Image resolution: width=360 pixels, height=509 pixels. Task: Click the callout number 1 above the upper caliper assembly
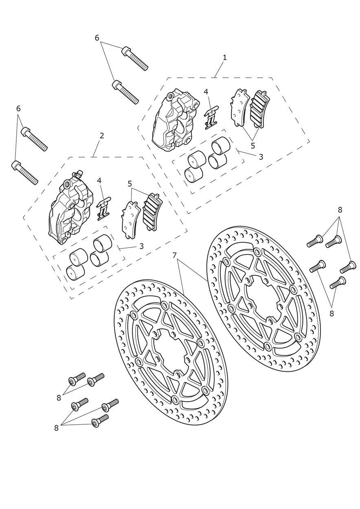(x=224, y=57)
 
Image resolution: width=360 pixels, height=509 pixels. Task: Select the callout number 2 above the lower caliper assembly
(x=101, y=136)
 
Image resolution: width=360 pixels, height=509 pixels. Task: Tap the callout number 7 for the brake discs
(x=174, y=256)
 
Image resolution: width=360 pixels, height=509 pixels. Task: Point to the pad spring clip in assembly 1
(x=211, y=118)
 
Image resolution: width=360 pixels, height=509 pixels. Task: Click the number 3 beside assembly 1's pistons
(x=261, y=156)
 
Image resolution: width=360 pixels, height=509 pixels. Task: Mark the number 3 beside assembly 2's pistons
(x=141, y=246)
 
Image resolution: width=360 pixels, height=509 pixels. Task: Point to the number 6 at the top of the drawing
(x=97, y=38)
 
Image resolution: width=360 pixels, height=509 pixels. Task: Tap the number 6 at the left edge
(x=18, y=109)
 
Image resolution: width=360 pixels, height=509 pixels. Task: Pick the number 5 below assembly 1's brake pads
(x=253, y=146)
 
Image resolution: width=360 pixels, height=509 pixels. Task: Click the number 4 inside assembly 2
(x=99, y=181)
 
